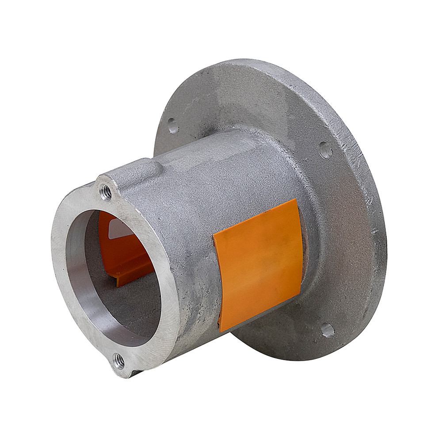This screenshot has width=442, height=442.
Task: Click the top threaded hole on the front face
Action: pyautogui.click(x=106, y=192)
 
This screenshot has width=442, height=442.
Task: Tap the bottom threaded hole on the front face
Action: pyautogui.click(x=119, y=361)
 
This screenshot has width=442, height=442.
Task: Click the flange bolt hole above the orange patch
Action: pyautogui.click(x=325, y=150)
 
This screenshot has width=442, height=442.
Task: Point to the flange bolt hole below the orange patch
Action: pyautogui.click(x=328, y=330)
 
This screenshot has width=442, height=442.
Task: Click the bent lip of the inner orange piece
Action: pyautogui.click(x=128, y=279)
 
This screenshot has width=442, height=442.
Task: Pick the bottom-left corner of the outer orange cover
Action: pyautogui.click(x=220, y=331)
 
